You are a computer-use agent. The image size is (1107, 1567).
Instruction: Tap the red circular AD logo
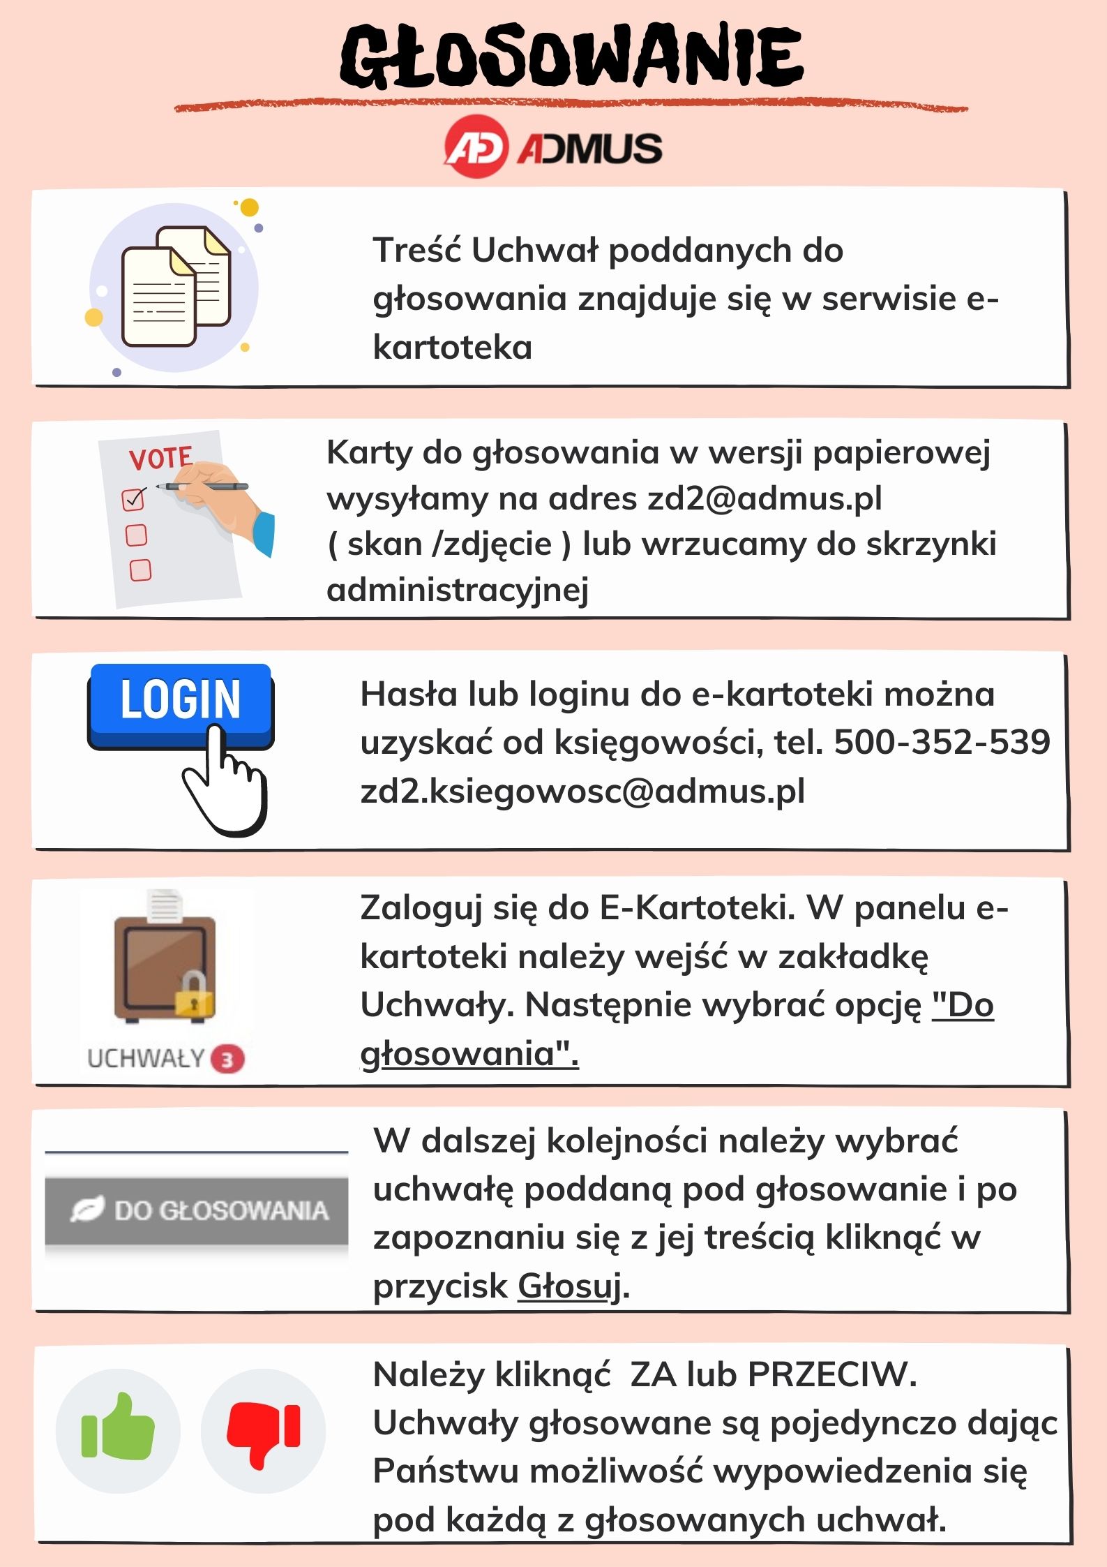click(x=475, y=147)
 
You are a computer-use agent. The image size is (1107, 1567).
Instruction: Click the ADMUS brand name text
click(x=589, y=148)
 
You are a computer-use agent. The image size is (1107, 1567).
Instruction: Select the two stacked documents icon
click(x=176, y=286)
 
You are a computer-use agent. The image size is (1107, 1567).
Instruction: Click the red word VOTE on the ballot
click(x=160, y=459)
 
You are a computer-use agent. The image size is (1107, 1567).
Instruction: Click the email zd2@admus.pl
click(x=765, y=498)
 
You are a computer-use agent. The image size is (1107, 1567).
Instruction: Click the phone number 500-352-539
click(x=942, y=742)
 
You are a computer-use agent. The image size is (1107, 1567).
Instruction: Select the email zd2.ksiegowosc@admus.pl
click(x=582, y=791)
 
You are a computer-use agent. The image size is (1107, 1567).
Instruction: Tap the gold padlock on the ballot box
click(x=194, y=995)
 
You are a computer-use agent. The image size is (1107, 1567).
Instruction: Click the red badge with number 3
click(x=227, y=1060)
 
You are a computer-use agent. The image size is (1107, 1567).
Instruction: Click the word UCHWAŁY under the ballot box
click(x=145, y=1059)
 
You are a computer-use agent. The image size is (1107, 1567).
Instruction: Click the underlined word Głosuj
click(x=569, y=1286)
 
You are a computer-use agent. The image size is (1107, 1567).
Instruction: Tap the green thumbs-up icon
click(x=118, y=1431)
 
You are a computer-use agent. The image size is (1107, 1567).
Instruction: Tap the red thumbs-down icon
click(x=263, y=1431)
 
